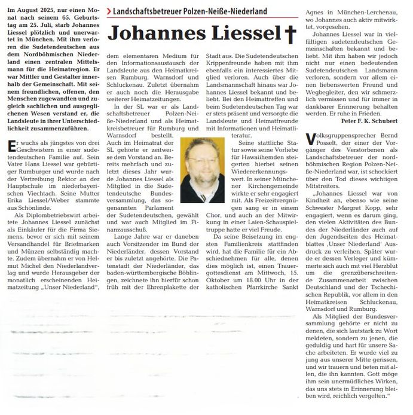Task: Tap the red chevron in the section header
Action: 108,11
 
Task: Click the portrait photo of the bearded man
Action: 202,170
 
